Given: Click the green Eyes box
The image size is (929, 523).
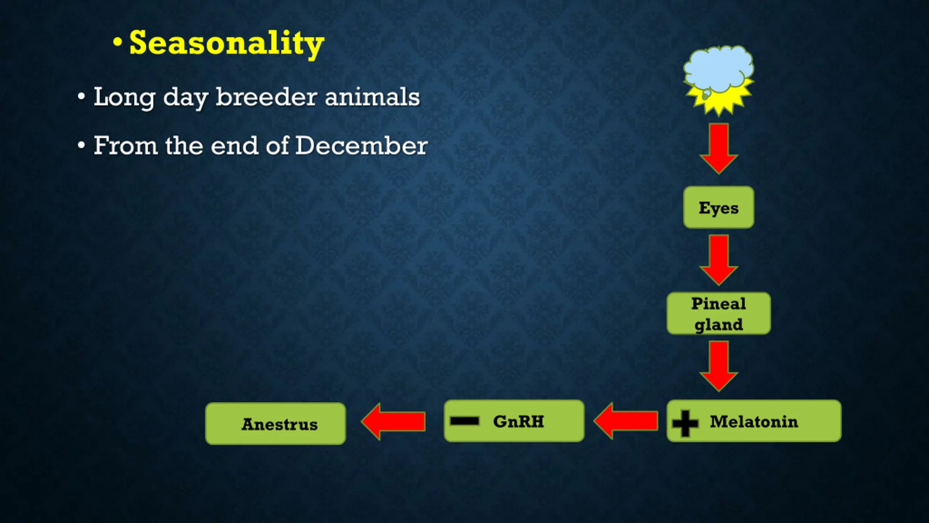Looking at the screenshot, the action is click(719, 207).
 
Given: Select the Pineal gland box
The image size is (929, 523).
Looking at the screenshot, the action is click(719, 313).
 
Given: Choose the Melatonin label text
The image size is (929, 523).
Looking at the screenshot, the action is click(754, 421).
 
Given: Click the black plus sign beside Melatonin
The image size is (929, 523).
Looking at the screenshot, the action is click(685, 423).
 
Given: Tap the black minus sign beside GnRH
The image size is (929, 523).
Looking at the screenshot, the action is click(464, 421).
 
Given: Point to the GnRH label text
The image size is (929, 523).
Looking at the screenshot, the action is click(519, 421).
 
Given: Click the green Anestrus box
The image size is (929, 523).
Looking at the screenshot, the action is click(275, 423).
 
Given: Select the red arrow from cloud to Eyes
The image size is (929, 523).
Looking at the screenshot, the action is click(719, 149).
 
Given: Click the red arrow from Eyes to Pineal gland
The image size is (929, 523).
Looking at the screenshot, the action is click(719, 260).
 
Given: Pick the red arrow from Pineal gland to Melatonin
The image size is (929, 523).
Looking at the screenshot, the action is click(719, 366).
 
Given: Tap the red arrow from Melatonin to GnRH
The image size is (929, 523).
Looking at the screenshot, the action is click(626, 421).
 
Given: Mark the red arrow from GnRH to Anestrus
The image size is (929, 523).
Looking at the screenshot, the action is click(393, 422).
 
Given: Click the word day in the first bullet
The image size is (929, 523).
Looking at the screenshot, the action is click(185, 98).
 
